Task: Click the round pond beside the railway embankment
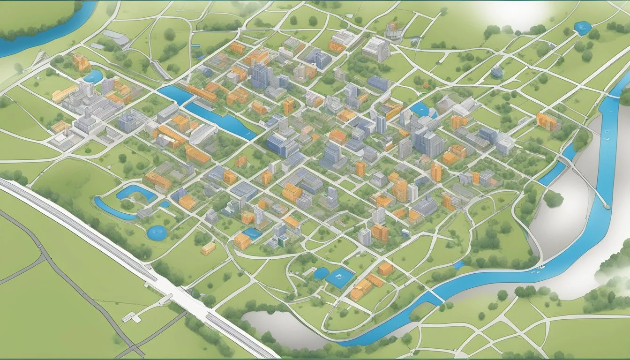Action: (x=157, y=232)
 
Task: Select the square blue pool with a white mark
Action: (x=340, y=278)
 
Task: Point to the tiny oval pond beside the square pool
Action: (x=321, y=273)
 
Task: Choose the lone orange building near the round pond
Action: (x=208, y=248)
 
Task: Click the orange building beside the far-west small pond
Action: (x=81, y=62)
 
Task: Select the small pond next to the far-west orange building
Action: (x=94, y=76)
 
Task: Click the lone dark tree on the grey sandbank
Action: (x=553, y=199)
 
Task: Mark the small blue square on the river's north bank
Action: (x=458, y=265)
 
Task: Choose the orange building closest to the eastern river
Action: (x=547, y=121)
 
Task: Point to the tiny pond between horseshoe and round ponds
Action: (x=164, y=204)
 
